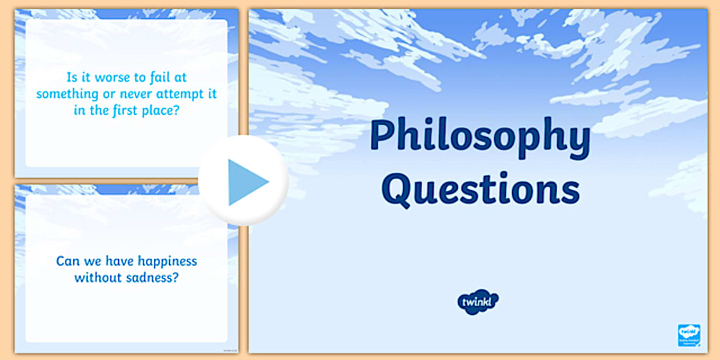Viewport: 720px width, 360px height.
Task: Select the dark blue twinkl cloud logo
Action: (x=478, y=301)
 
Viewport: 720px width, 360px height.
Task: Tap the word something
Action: (x=65, y=94)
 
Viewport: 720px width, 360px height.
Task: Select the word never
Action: (x=131, y=94)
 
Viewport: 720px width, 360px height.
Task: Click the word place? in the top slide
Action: (x=164, y=110)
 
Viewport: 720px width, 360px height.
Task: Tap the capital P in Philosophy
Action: (x=381, y=138)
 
